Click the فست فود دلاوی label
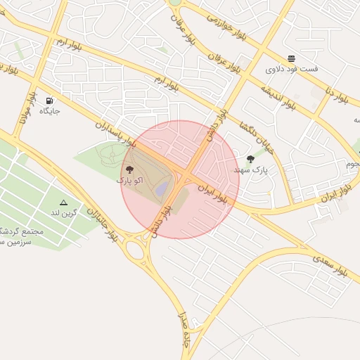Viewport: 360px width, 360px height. tap(291, 69)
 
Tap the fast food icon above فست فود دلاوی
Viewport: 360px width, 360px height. tap(291, 58)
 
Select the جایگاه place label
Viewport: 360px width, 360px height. tap(49, 110)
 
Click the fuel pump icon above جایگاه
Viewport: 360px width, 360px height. tap(49, 100)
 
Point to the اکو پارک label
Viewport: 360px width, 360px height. tap(129, 181)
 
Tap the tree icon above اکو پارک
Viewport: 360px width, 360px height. tap(129, 169)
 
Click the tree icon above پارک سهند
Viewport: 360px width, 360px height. tap(250, 159)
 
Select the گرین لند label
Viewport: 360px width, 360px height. tap(64, 212)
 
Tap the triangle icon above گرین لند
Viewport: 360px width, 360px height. tap(64, 202)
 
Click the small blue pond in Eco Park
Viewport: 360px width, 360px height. tap(162, 189)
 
